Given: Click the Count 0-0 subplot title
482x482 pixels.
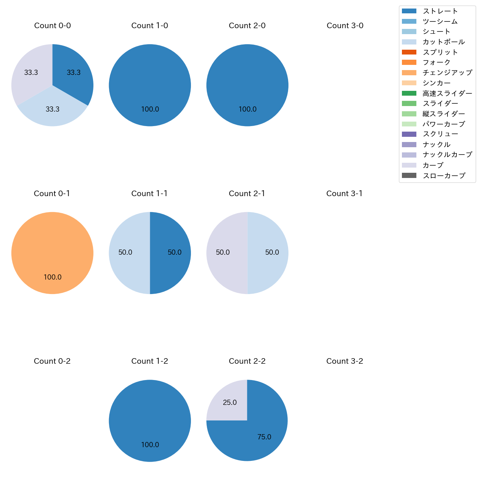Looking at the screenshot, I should pyautogui.click(x=52, y=26).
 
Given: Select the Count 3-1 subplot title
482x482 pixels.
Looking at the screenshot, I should pyautogui.click(x=344, y=194).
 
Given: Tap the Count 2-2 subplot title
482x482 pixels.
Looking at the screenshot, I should pyautogui.click(x=247, y=361).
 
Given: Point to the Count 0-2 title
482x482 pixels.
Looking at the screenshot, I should pyautogui.click(x=52, y=361).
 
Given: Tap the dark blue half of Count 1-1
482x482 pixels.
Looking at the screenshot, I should pyautogui.click(x=171, y=253).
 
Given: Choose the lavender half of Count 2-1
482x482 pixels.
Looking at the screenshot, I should pyautogui.click(x=224, y=253).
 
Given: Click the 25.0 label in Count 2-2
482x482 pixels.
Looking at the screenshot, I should pyautogui.click(x=230, y=403).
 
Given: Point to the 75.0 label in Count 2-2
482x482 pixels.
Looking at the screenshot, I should pyautogui.click(x=264, y=437).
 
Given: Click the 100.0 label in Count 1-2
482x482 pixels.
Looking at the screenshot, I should pyautogui.click(x=150, y=445).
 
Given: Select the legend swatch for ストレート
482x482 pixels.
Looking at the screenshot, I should pyautogui.click(x=409, y=11).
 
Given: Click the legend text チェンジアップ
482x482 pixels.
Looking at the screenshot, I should pyautogui.click(x=447, y=73).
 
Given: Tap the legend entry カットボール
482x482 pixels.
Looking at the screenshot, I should pyautogui.click(x=443, y=42).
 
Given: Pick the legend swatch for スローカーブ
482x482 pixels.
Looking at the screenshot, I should pyautogui.click(x=409, y=176).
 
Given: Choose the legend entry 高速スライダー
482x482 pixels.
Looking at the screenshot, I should pyautogui.click(x=447, y=93).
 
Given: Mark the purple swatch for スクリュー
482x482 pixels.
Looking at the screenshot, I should pyautogui.click(x=409, y=134).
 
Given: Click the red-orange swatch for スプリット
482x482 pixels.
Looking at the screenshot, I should pyautogui.click(x=409, y=52).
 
